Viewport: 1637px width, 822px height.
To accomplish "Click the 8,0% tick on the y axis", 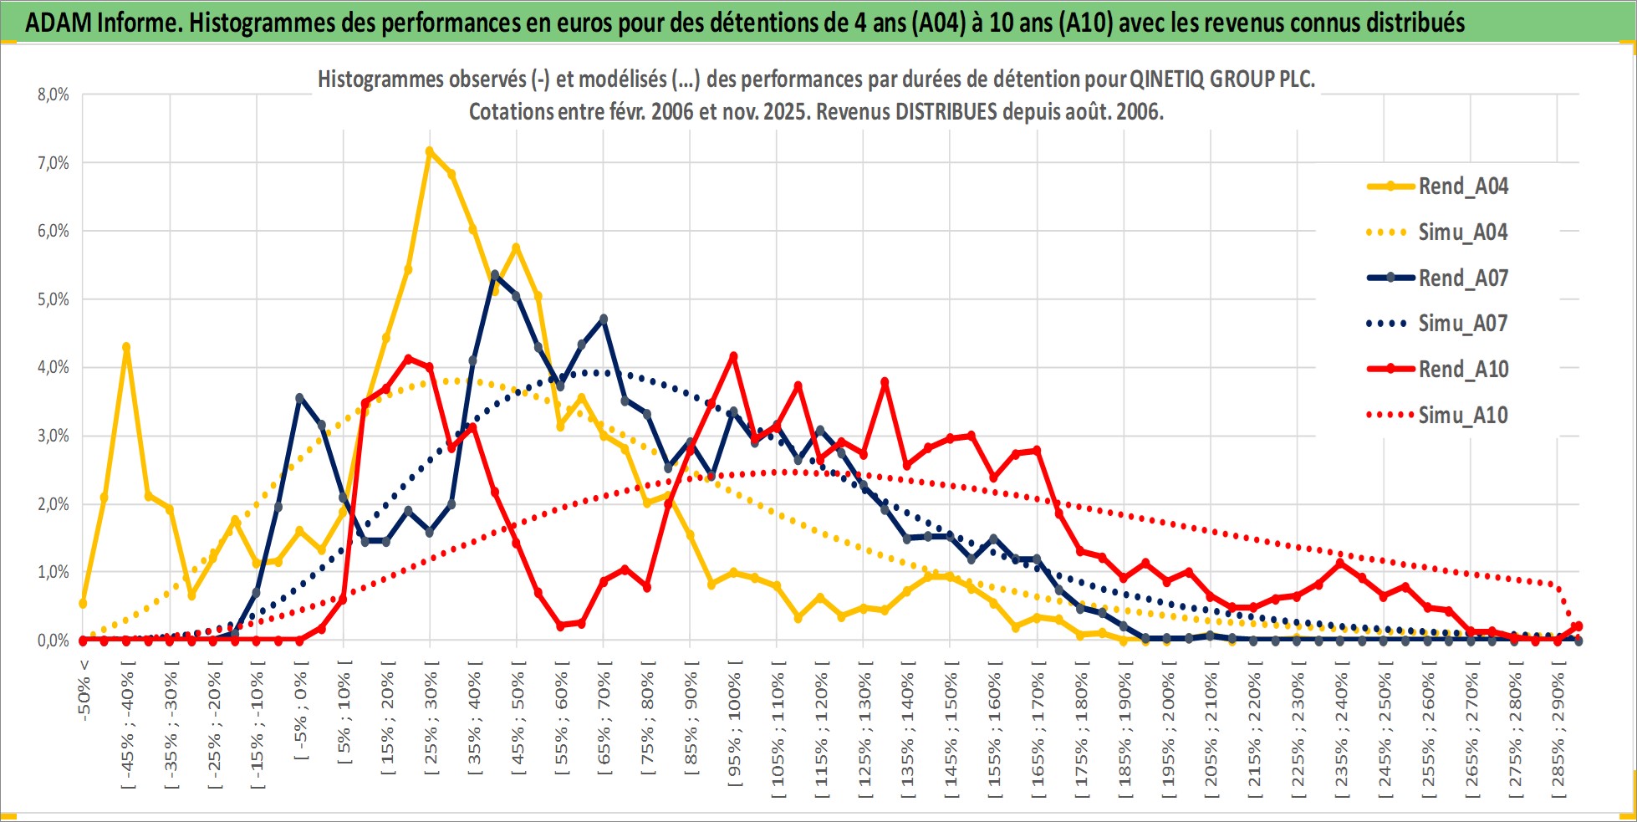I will (53, 94).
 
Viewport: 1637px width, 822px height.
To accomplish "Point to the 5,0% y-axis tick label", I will (53, 299).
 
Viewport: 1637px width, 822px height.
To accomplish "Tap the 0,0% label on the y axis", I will (53, 641).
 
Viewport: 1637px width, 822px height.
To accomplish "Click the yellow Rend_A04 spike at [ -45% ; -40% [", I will (126, 347).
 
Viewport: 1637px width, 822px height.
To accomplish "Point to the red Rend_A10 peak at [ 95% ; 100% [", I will (733, 356).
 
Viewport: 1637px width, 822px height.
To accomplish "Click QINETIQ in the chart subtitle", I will (1167, 79).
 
